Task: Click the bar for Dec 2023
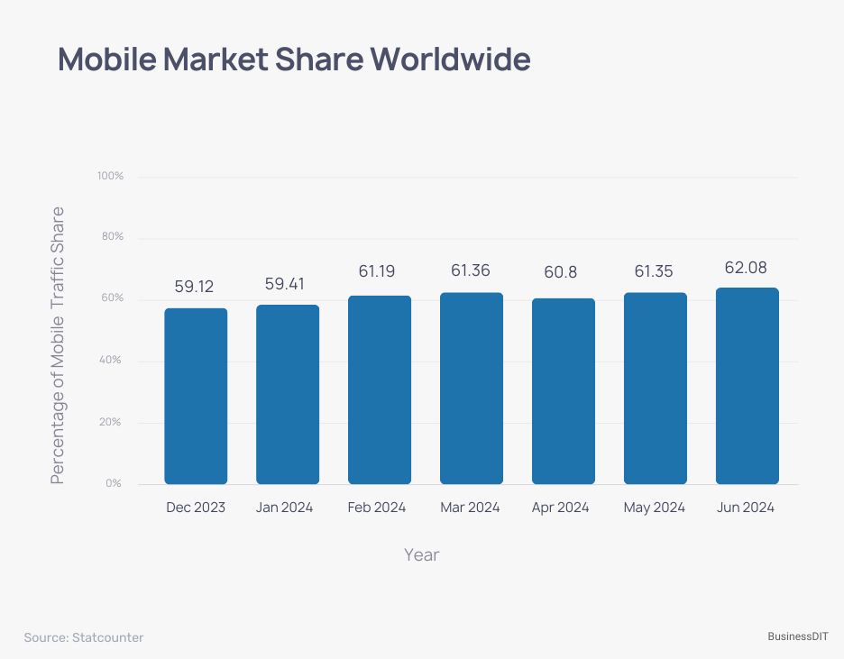tap(196, 397)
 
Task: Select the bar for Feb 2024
tap(380, 390)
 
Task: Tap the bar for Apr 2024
tap(564, 391)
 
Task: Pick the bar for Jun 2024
tap(747, 386)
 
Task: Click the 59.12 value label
tap(194, 286)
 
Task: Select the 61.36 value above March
tap(471, 271)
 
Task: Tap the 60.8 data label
tap(563, 271)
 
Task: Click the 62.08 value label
tap(747, 268)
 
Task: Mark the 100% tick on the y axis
tap(110, 176)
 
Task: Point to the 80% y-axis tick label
tap(112, 237)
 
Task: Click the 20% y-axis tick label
tap(112, 422)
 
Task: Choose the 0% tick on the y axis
tap(114, 483)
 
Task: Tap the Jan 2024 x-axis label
tap(284, 508)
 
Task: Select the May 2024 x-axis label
tap(654, 508)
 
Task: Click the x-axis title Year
tap(421, 554)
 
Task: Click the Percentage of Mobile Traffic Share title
tap(58, 345)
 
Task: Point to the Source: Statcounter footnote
tap(84, 637)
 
